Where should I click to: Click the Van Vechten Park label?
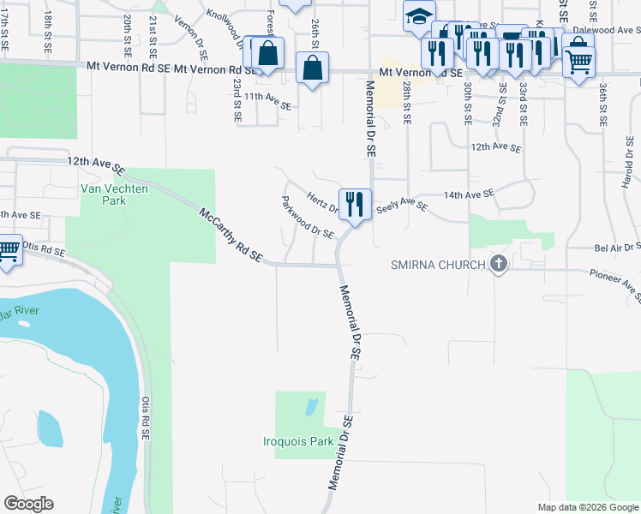coord(103,194)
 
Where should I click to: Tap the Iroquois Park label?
coord(297,442)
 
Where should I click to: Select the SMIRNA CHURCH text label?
coord(439,264)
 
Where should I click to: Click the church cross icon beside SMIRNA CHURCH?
coord(499,265)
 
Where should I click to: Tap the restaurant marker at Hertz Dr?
coord(355,204)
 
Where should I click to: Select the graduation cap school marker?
coord(419,16)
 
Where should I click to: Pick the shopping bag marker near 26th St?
coord(313,67)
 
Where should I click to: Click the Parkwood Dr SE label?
coord(308,218)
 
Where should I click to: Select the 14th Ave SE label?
coord(469,194)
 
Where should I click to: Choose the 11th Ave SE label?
coord(268,97)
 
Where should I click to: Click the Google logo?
coord(28,503)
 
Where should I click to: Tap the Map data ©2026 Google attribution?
coord(588,507)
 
